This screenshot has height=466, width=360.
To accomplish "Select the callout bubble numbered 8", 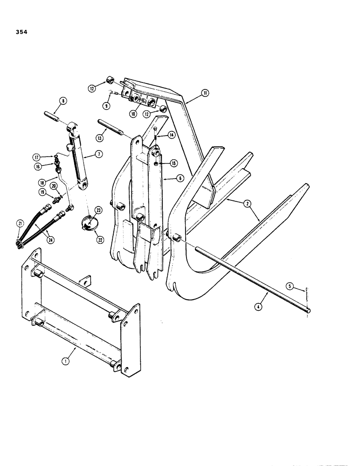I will click(63, 99).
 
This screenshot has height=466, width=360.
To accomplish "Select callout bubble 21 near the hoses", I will click(20, 224).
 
